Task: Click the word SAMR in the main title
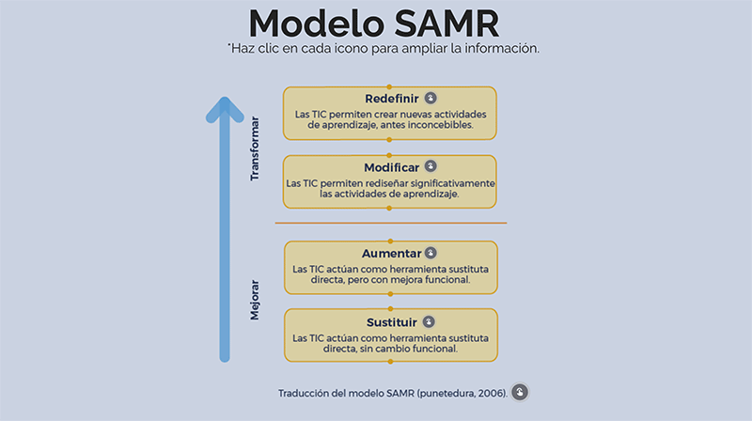click(446, 23)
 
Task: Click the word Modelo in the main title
click(317, 23)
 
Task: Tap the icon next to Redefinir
click(431, 99)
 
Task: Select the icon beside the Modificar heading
click(431, 166)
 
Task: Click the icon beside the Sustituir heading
click(429, 321)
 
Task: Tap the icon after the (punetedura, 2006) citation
click(520, 392)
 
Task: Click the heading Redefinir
click(392, 99)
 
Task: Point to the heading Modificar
click(391, 167)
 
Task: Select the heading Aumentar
click(391, 253)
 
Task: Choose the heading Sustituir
click(392, 322)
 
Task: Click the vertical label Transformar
click(255, 148)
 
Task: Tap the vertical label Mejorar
click(255, 300)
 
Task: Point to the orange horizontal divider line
click(391, 223)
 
